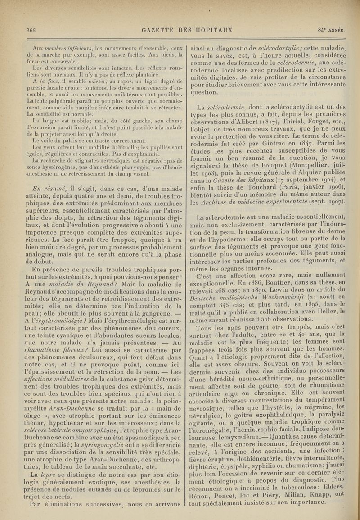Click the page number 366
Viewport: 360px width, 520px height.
[31, 31]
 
